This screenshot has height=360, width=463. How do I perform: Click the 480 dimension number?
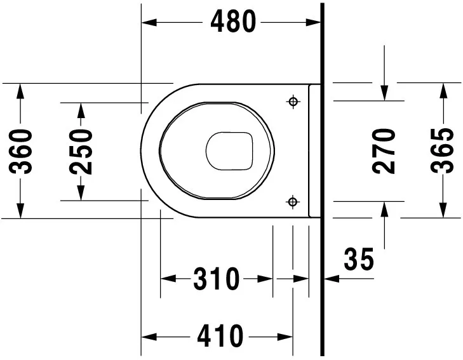[x=233, y=22]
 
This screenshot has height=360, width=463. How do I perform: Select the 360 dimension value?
[x=23, y=151]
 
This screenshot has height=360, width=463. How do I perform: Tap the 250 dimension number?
[x=81, y=151]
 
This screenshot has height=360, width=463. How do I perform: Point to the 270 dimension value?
[x=385, y=151]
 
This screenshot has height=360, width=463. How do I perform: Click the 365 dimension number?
[x=442, y=151]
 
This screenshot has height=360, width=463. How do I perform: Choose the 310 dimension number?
[x=217, y=279]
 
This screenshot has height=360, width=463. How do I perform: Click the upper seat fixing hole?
[x=293, y=102]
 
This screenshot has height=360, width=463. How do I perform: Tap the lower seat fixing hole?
[x=293, y=202]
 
